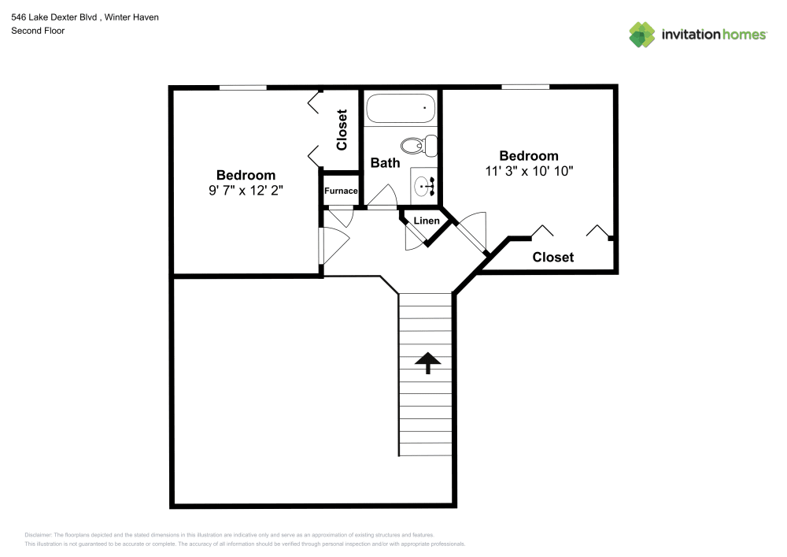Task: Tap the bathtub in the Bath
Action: pyautogui.click(x=401, y=109)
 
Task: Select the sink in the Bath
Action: pyautogui.click(x=423, y=188)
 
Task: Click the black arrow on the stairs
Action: pyautogui.click(x=427, y=362)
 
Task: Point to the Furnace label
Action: pyautogui.click(x=342, y=191)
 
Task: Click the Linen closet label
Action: pyautogui.click(x=427, y=221)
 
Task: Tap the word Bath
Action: pyautogui.click(x=385, y=163)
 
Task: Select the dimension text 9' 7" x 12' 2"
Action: pyautogui.click(x=246, y=190)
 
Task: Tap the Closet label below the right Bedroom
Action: pyautogui.click(x=552, y=257)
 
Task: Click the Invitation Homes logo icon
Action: pyautogui.click(x=641, y=35)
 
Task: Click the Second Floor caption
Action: pyautogui.click(x=38, y=31)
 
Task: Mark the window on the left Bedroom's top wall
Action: pyautogui.click(x=242, y=87)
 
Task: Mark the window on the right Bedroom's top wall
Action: pyautogui.click(x=525, y=87)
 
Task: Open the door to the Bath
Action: pyautogui.click(x=382, y=199)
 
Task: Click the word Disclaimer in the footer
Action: pyautogui.click(x=39, y=534)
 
